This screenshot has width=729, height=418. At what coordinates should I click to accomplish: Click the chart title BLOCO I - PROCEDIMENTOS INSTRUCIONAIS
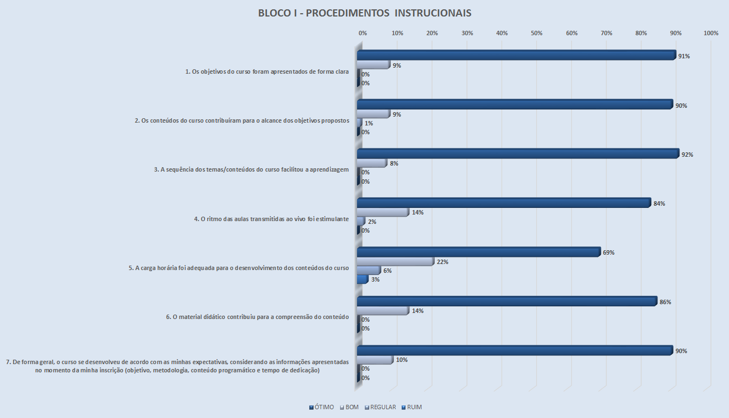[364, 13]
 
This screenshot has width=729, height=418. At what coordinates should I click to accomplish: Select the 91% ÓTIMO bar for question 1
[516, 56]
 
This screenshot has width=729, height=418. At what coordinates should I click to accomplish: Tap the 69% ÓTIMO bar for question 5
[478, 252]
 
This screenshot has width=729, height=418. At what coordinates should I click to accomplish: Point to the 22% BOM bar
[395, 262]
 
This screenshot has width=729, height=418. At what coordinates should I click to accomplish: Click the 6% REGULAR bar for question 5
[368, 271]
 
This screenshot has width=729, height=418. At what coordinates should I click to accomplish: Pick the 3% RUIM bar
[362, 279]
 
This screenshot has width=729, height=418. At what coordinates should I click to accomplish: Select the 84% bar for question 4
[503, 204]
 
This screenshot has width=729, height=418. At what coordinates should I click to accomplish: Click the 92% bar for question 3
[518, 154]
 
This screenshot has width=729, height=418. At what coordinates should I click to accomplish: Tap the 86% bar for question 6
[507, 301]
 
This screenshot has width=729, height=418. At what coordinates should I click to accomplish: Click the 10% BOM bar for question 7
[375, 360]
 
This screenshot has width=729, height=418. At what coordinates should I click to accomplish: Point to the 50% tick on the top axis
[537, 34]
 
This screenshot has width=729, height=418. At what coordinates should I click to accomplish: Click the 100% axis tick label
[711, 34]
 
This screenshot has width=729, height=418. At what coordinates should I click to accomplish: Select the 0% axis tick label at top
[363, 34]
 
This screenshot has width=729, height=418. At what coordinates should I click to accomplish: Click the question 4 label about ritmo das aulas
[271, 219]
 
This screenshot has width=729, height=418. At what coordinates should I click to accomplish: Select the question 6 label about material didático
[257, 316]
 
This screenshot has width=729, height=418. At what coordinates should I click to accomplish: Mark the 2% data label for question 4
[372, 222]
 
